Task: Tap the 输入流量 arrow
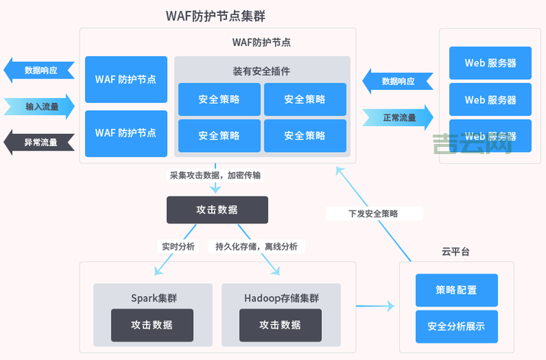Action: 40,107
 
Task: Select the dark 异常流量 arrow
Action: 40,143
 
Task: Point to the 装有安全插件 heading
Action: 261,71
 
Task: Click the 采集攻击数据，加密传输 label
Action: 216,175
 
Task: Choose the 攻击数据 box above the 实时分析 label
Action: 217,210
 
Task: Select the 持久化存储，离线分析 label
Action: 256,246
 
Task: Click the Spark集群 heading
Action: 153,297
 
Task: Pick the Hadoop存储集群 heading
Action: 281,297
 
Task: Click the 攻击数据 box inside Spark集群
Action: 152,325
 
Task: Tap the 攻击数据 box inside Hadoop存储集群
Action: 280,325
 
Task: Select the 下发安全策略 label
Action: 373,213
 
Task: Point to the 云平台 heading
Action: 455,251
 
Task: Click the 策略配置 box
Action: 456,289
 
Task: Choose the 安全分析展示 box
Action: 456,326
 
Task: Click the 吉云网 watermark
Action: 472,144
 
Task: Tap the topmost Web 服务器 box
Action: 490,63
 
